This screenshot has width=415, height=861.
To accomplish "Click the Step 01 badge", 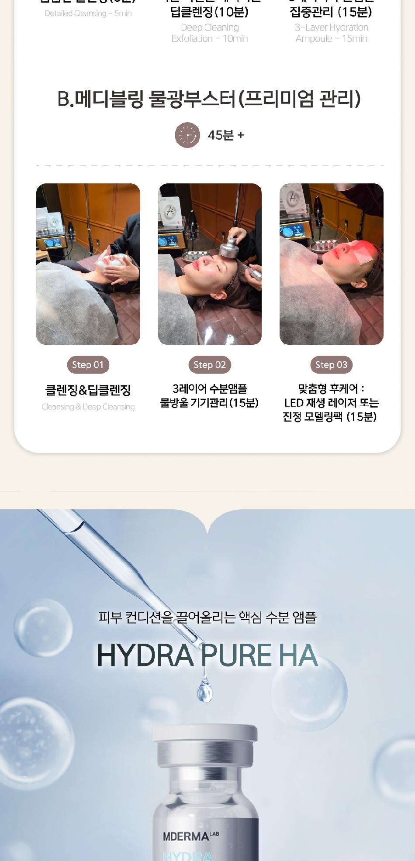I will (x=88, y=365).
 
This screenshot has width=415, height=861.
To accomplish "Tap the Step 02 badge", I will (x=210, y=365).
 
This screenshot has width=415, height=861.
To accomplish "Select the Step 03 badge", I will (x=331, y=365).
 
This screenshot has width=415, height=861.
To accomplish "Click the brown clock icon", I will (x=187, y=135).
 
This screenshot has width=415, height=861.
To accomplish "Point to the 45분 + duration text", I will (x=226, y=135).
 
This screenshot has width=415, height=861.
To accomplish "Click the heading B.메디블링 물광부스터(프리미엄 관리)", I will (x=209, y=99).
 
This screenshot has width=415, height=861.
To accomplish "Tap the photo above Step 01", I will (x=88, y=264).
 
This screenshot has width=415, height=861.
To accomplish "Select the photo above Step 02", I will (x=210, y=264).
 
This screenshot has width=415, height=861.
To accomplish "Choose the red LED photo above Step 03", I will (x=331, y=264).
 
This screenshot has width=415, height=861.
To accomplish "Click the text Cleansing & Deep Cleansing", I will (x=88, y=407).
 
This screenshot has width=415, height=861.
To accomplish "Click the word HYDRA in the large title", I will (x=145, y=655).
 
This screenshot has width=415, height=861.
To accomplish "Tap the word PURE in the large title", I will (x=236, y=655).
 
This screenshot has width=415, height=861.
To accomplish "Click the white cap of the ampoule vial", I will (x=205, y=733).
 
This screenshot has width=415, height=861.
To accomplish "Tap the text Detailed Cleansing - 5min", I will (x=88, y=14).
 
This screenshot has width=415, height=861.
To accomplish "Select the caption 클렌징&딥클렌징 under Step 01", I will (x=88, y=390).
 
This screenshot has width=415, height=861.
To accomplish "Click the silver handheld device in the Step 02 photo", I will (x=232, y=249).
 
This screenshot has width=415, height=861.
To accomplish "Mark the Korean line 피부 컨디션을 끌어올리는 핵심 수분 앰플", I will (x=207, y=617).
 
